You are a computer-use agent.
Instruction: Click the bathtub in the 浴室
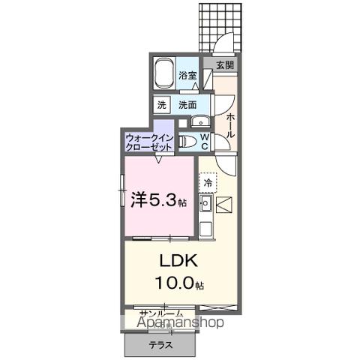point(166,76)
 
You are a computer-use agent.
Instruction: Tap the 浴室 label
point(188,76)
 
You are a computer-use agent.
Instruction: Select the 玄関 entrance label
point(225,66)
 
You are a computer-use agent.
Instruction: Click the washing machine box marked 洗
point(162,106)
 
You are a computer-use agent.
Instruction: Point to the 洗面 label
point(187,106)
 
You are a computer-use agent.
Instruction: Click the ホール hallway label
point(229,124)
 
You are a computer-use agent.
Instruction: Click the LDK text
point(177,262)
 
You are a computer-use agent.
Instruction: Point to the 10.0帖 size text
point(180,283)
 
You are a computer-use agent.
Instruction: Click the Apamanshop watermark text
point(180,323)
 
